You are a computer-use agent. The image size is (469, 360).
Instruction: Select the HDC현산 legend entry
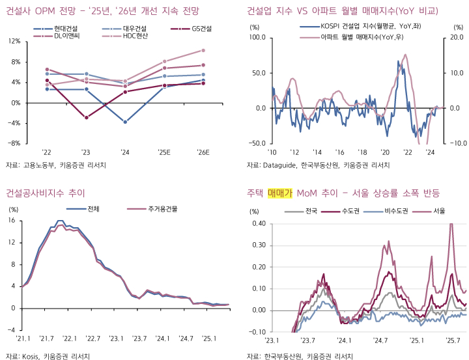pos(135,36)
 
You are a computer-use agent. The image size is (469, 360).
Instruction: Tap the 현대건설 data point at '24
pos(125,122)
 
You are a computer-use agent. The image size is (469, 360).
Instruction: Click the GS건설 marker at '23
pos(86,117)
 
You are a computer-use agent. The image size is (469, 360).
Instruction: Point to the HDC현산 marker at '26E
pos(203,50)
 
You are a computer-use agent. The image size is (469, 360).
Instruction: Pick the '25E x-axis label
pos(164,152)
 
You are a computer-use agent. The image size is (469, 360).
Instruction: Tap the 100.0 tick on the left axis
pos(255,37)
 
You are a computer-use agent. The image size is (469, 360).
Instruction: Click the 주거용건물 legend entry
pos(163,210)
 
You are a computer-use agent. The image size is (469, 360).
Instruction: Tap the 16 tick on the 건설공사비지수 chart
pos(11,220)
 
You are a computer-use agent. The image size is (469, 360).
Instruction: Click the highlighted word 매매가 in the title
pos(280,193)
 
